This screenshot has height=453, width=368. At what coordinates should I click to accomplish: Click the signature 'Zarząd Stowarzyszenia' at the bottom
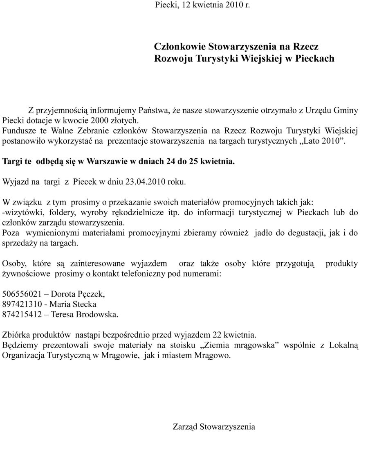click(214, 427)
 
